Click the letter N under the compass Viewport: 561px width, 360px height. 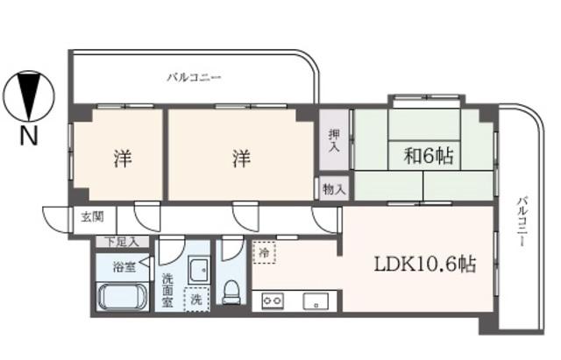point(29,136)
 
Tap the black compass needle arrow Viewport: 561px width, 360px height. point(29,95)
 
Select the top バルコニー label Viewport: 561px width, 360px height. point(195,77)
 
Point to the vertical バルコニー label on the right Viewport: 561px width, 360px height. point(522,221)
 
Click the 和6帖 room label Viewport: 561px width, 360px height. point(429,156)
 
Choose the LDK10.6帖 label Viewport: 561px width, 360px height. point(424,265)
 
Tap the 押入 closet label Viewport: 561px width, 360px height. point(334,141)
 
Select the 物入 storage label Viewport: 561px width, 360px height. point(334,189)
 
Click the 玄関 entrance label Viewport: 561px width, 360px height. point(92,216)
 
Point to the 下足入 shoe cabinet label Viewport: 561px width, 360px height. point(123,242)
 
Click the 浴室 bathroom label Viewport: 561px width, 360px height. point(124,267)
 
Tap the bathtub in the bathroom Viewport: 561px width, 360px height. point(123,296)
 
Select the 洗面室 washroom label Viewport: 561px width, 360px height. point(167,290)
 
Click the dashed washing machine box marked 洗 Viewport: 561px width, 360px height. point(196,300)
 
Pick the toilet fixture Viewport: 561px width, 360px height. point(231,292)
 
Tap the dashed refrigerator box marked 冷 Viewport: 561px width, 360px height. point(264,252)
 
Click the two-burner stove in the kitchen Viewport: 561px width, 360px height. point(273,300)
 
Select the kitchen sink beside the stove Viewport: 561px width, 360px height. point(316,300)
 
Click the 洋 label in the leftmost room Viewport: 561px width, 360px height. point(123,159)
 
